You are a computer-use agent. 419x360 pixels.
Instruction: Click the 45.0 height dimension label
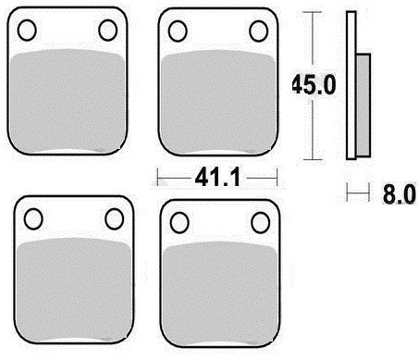click(314, 84)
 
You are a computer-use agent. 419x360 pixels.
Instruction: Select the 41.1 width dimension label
click(217, 178)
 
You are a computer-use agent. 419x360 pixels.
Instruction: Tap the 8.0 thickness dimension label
click(399, 194)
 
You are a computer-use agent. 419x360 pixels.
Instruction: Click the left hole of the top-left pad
click(27, 31)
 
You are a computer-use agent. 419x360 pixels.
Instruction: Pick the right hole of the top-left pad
click(108, 31)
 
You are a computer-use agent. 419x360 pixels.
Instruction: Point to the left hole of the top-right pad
click(178, 31)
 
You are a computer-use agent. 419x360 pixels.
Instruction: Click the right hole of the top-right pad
click(259, 31)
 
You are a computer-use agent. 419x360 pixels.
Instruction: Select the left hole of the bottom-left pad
click(33, 218)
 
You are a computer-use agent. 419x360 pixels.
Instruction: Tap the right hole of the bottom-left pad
click(115, 218)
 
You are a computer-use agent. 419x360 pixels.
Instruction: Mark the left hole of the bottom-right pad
click(179, 222)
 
